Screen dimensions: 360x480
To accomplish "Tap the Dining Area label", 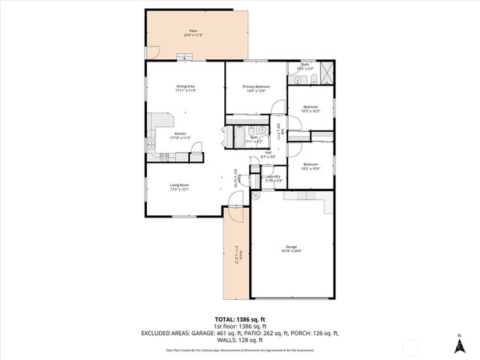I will pos(186,86).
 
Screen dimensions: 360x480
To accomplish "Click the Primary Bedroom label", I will pos(256,86).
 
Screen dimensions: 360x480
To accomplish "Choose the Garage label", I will pos(291,247).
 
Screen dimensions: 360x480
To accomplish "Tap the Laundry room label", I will pos(274,176).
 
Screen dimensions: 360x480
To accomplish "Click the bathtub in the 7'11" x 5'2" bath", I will pos(235,137).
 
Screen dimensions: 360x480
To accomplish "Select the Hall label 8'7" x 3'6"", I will pos(268,155).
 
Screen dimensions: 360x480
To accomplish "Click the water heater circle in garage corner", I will pos(256,195).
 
